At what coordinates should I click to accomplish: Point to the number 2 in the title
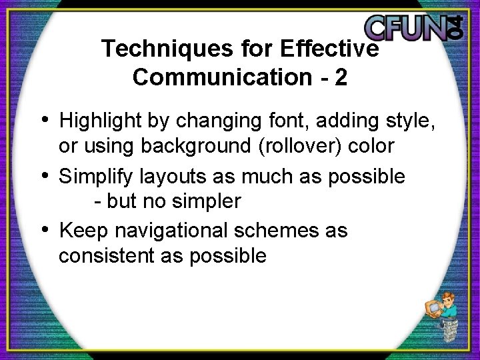(341, 77)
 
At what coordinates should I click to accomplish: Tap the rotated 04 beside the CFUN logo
(454, 27)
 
